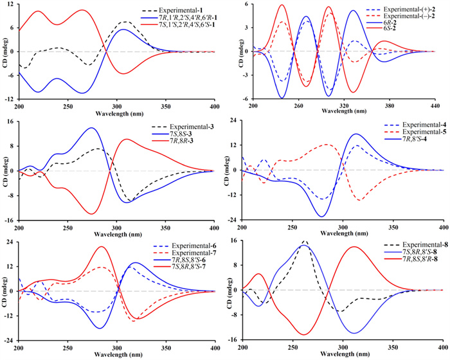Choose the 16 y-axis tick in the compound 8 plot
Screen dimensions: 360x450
pos(233,242)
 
